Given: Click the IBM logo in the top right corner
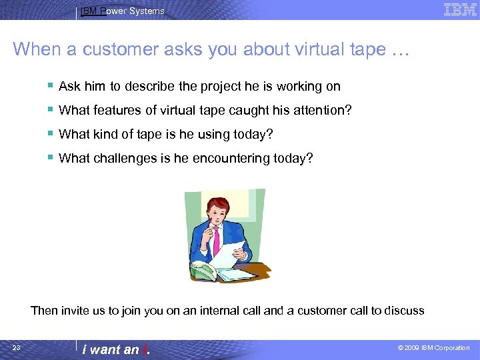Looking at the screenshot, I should (x=460, y=9).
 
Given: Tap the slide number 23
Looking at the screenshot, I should (x=17, y=348).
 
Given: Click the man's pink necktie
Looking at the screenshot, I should (x=215, y=240).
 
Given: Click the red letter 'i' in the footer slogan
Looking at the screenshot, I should (x=144, y=349).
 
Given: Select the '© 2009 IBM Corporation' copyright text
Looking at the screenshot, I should (x=433, y=348).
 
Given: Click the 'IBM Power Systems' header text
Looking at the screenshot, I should (x=122, y=11).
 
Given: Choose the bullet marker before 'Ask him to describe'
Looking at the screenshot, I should (x=51, y=86).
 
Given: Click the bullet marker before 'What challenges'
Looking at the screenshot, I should (x=51, y=158).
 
